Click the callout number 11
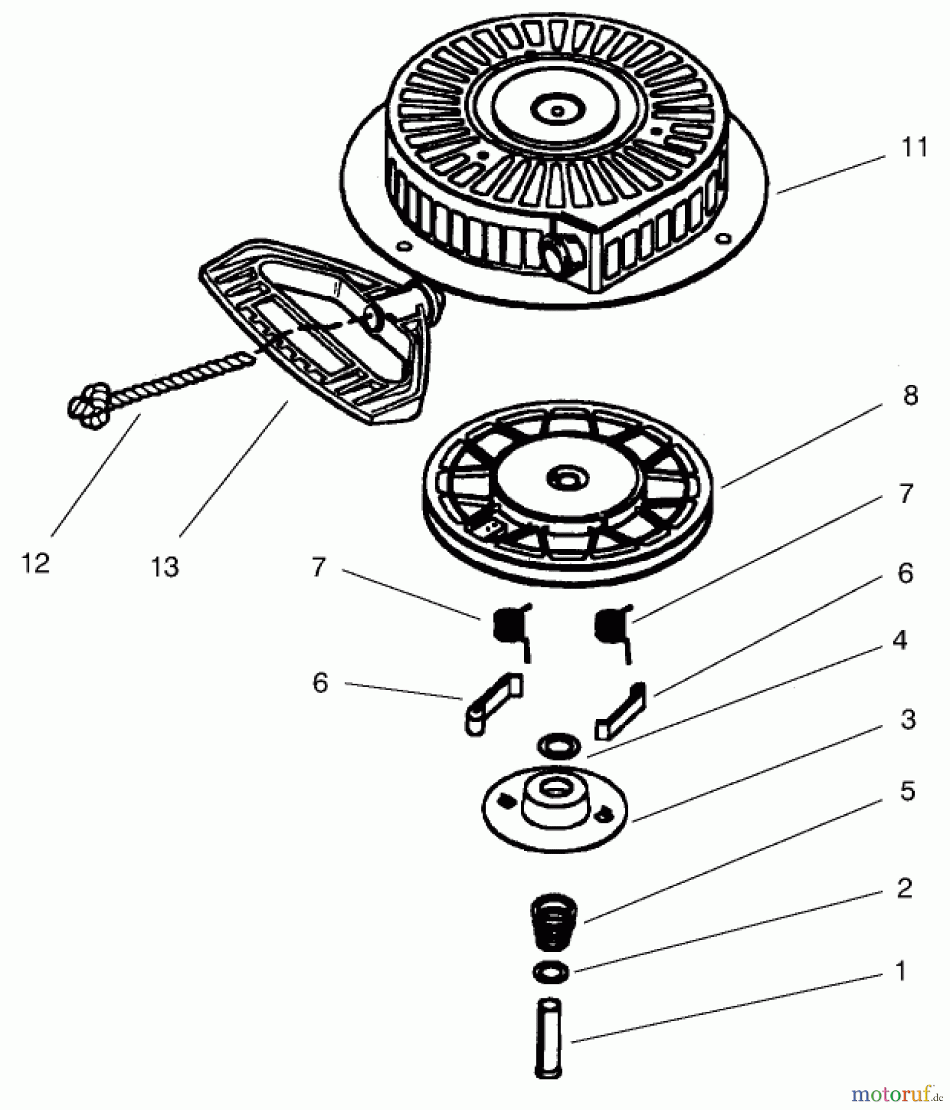pos(914,148)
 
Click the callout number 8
pos(910,395)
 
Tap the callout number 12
pos(35,563)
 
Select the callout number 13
pos(165,567)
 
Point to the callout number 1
pos(901,971)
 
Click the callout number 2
pos(904,888)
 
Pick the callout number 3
pos(907,720)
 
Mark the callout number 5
pos(907,791)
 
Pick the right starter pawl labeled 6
pos(620,711)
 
